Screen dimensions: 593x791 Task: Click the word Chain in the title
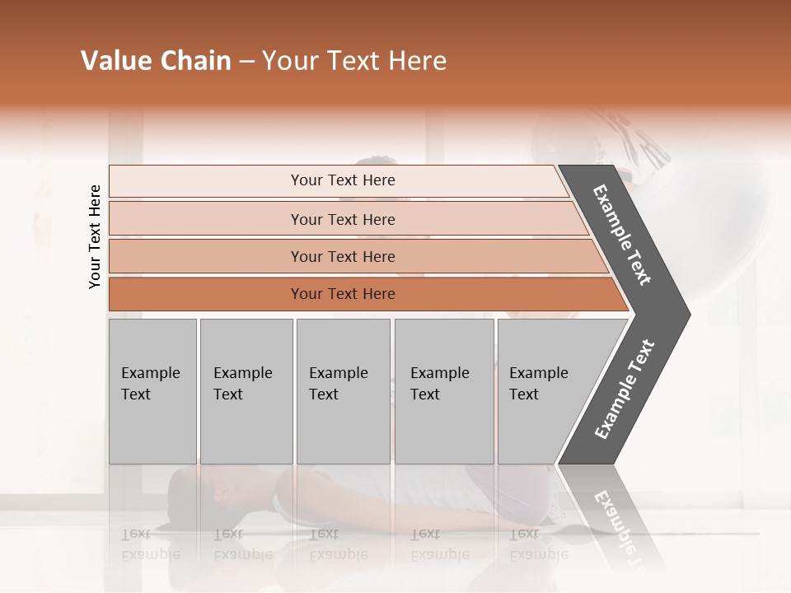(x=195, y=61)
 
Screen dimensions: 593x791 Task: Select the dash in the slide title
(x=246, y=62)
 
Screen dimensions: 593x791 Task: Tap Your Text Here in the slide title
(x=354, y=61)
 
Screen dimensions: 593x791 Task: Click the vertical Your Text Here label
(x=95, y=236)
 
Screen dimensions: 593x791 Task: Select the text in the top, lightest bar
(x=343, y=180)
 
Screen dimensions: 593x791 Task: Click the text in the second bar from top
(x=343, y=219)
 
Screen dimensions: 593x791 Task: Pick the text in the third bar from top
(x=343, y=256)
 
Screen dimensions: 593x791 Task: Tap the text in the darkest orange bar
(x=343, y=293)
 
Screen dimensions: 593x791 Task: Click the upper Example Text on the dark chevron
(x=622, y=235)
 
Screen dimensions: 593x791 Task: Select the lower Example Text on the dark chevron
(x=625, y=390)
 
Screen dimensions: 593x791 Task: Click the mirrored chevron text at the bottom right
(x=614, y=519)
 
